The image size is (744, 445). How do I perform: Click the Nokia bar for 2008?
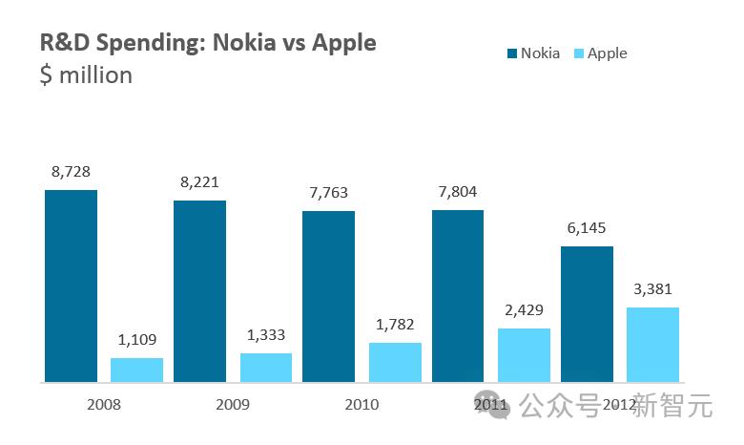point(71,286)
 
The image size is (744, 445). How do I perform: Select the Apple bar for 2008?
point(136,371)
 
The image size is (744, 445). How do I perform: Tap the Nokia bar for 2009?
point(199,291)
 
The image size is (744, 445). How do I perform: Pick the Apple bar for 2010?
point(395,363)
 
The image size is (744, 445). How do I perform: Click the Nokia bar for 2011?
point(458,296)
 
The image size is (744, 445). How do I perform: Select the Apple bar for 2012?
point(652,345)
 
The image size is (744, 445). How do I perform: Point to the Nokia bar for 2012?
point(587,314)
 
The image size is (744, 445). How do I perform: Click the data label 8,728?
point(71,172)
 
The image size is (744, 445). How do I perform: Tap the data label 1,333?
point(266,335)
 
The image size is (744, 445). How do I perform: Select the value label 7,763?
point(328,193)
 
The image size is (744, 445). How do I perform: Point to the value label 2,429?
point(524,310)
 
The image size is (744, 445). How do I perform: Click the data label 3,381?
point(652,289)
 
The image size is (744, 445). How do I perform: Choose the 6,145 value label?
point(587,228)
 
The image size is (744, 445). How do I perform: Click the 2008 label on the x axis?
point(103,404)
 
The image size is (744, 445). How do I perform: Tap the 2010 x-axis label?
point(362,404)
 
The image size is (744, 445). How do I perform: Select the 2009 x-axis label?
point(233,404)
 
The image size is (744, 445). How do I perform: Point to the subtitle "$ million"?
point(86,74)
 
